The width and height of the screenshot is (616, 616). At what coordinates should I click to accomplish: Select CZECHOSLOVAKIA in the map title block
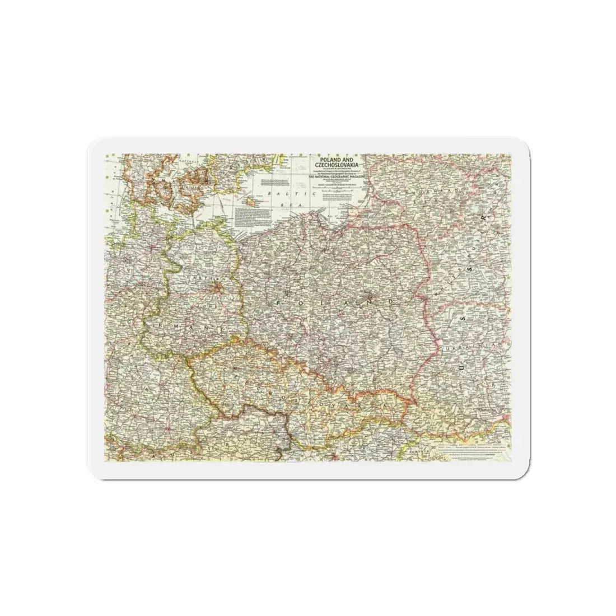[x=334, y=166]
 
